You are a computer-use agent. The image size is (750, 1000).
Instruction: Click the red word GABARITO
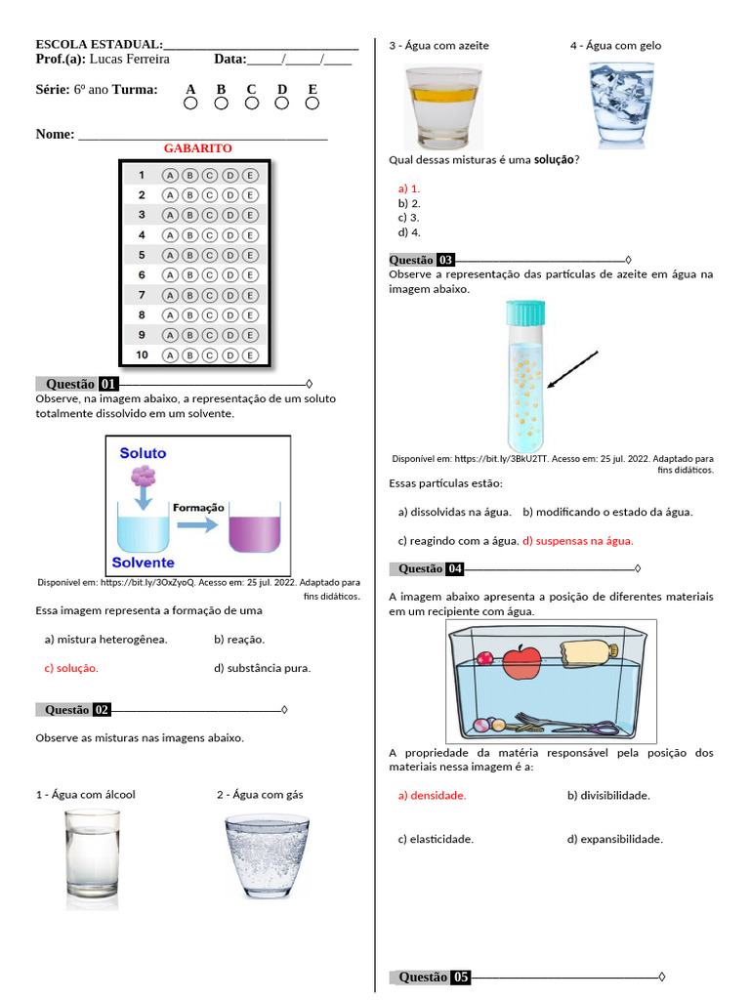(x=197, y=148)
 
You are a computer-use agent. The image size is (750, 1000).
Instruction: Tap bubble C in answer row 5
(x=210, y=255)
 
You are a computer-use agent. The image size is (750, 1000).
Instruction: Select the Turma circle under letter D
(x=282, y=103)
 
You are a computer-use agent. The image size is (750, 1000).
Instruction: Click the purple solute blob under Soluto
(x=144, y=476)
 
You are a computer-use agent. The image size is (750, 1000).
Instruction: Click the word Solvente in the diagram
(x=143, y=562)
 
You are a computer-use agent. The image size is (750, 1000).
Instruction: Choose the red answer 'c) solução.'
(x=71, y=669)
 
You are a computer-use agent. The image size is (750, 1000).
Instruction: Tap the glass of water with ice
(x=621, y=105)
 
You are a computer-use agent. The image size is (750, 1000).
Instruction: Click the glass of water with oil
(x=443, y=107)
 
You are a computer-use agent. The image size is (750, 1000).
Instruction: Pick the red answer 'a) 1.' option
(x=408, y=188)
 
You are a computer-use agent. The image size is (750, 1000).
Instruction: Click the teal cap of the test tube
(x=525, y=312)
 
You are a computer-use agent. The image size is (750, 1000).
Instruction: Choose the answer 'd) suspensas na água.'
(x=577, y=540)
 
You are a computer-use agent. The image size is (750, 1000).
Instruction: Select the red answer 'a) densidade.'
(x=432, y=796)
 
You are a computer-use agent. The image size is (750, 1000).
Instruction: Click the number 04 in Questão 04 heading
(x=455, y=569)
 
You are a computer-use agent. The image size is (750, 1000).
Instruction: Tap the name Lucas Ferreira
(x=129, y=59)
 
